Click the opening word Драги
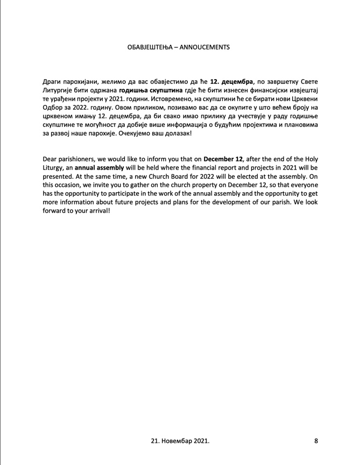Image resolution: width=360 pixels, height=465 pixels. pyautogui.click(x=52, y=81)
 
